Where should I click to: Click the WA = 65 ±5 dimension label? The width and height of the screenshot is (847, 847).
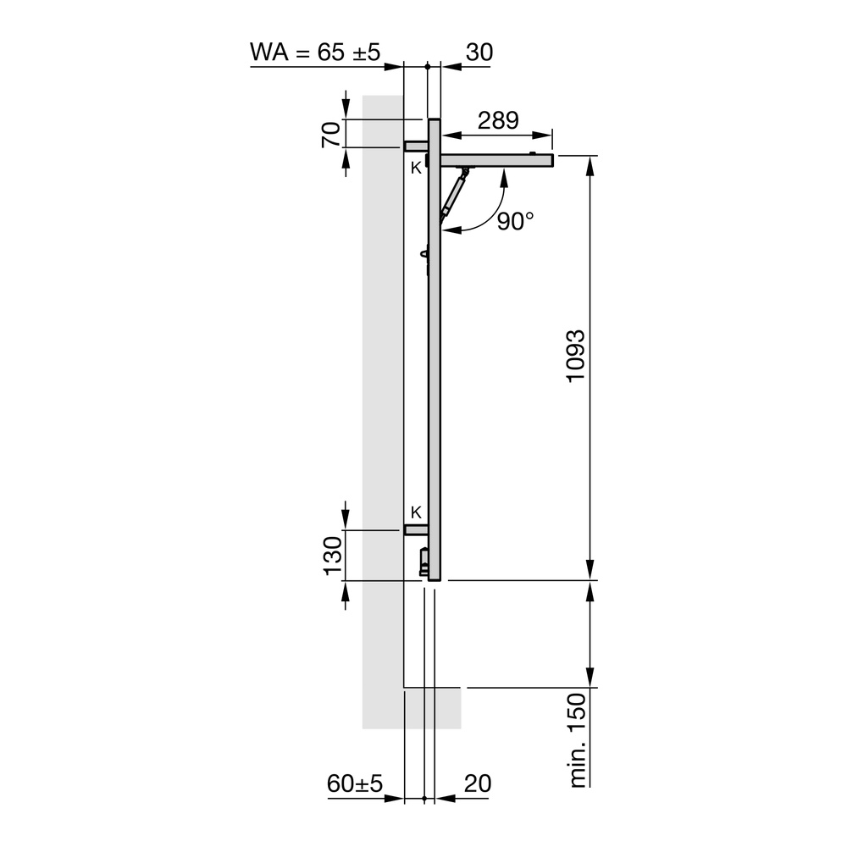click(315, 52)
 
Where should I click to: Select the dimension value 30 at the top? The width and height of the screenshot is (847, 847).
click(479, 52)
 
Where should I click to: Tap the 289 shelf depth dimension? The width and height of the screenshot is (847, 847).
click(497, 120)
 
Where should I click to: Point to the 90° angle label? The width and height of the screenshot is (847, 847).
click(515, 222)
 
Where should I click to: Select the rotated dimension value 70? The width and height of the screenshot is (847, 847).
click(331, 134)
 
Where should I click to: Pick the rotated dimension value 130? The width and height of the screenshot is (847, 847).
click(331, 556)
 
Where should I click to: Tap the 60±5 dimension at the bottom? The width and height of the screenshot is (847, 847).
click(355, 783)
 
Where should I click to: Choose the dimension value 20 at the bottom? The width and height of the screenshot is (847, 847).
click(478, 783)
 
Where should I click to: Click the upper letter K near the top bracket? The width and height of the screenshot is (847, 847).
click(416, 168)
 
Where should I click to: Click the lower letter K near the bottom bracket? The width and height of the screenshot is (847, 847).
click(416, 512)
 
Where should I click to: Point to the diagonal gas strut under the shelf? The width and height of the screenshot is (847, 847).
click(453, 194)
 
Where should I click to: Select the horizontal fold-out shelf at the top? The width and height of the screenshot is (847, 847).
click(495, 160)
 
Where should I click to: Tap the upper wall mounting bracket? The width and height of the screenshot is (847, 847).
click(415, 146)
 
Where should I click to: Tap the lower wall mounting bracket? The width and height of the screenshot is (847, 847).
click(415, 530)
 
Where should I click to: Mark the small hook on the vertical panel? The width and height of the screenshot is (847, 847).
click(424, 255)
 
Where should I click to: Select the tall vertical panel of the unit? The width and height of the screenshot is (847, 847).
click(435, 356)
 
